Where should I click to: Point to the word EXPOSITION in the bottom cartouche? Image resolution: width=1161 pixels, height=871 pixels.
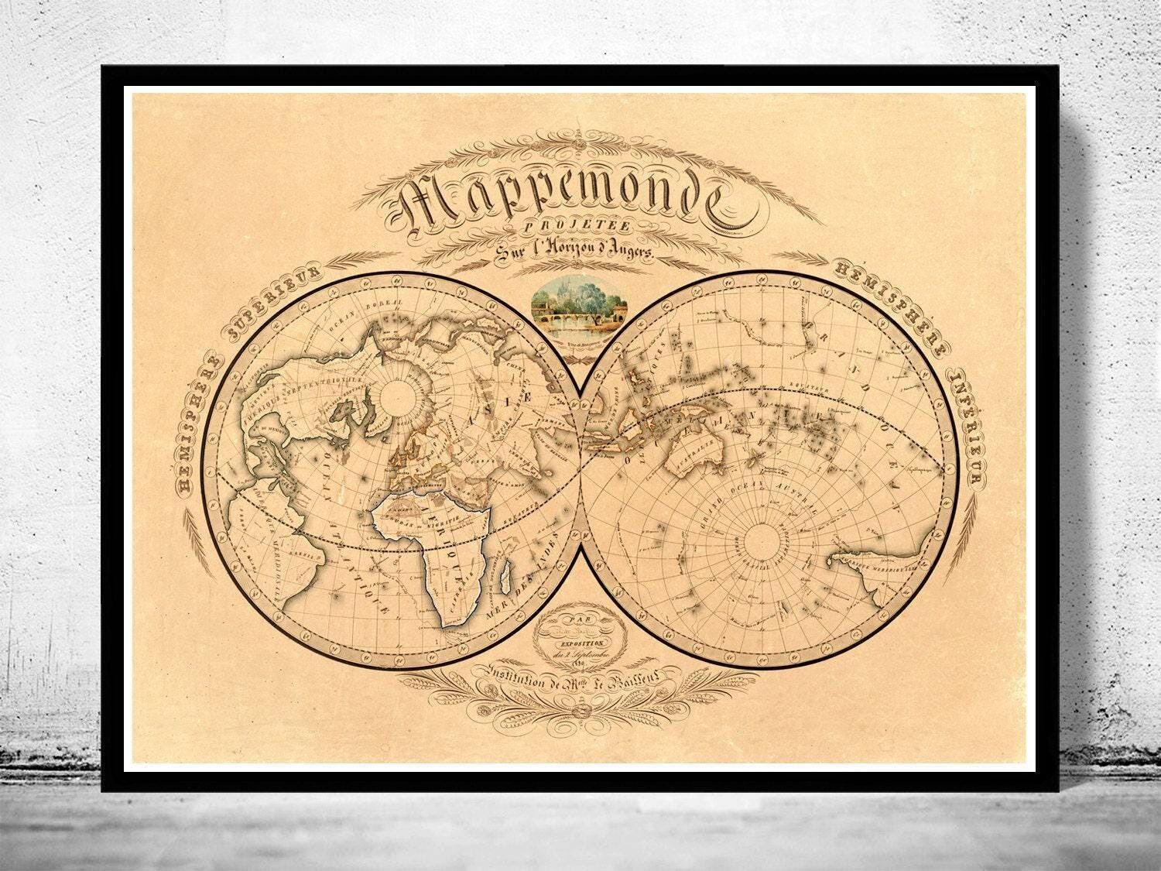(579, 643)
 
